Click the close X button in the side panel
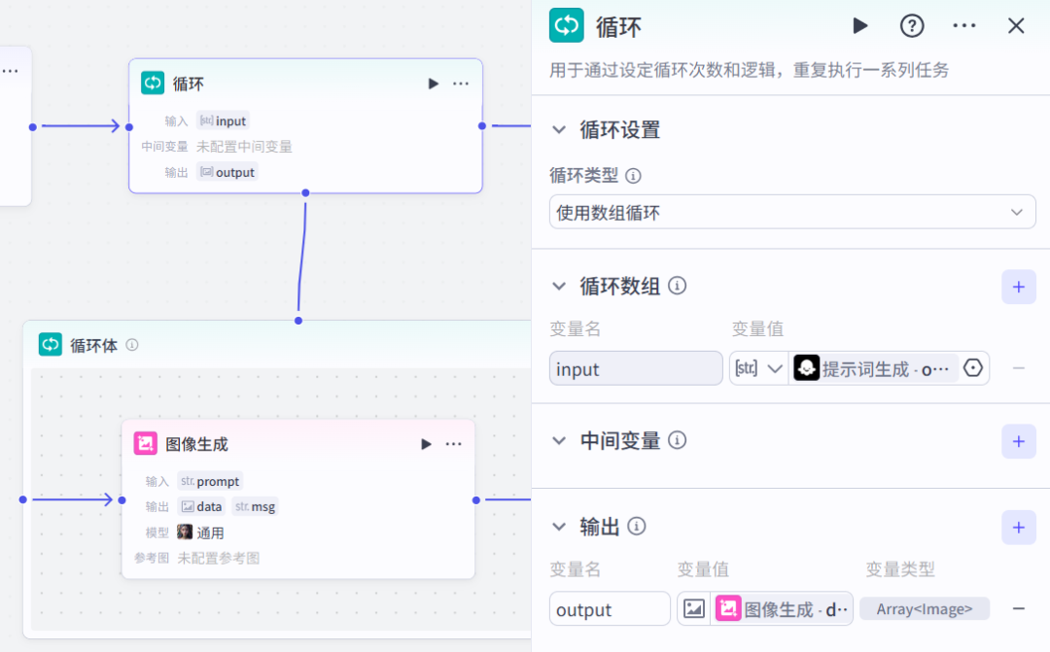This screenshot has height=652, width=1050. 1016,26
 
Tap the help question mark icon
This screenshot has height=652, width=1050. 911,26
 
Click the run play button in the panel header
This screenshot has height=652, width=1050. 860,26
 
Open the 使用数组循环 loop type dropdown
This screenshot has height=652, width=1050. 792,212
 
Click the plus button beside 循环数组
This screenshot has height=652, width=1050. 1019,288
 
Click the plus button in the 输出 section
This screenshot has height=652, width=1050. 1019,528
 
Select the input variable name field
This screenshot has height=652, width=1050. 636,368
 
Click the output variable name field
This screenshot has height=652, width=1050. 610,608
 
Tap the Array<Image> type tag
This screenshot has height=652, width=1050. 925,608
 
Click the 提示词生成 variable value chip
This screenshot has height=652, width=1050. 872,368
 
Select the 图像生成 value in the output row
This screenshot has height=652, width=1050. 782,608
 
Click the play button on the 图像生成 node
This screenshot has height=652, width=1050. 426,444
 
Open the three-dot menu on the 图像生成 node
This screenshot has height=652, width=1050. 453,444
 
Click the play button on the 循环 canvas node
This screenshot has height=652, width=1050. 434,84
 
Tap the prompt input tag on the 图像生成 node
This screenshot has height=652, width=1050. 210,481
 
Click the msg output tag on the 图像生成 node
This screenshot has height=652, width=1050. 255,507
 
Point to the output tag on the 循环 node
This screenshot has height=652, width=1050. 227,172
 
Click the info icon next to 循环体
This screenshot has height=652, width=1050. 132,345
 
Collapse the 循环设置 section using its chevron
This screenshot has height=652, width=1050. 559,130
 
